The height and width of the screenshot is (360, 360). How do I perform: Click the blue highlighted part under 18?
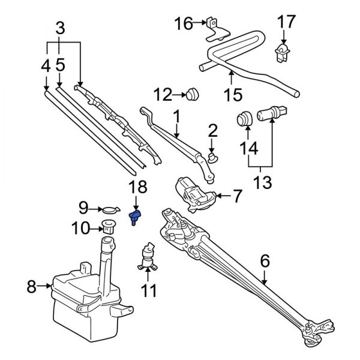[136, 216]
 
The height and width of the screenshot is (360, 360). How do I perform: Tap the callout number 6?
[265, 262]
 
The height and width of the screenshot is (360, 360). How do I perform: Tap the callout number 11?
[148, 292]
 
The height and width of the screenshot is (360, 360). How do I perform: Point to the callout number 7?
[236, 195]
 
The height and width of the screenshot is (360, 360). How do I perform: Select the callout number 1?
[177, 114]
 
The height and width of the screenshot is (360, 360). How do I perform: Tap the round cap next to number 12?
[192, 94]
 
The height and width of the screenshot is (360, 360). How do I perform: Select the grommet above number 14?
[244, 118]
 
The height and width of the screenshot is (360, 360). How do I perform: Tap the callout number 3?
[60, 28]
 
